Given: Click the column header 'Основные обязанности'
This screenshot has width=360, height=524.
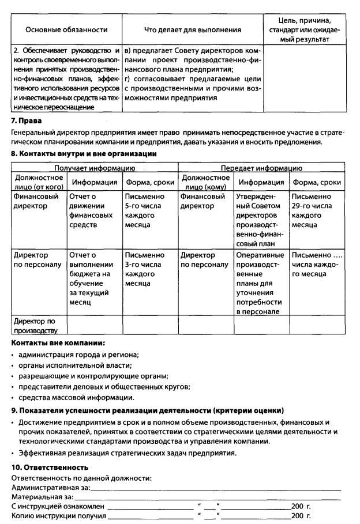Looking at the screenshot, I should point(67,29).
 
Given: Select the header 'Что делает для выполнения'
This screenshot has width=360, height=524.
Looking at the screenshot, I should point(192,29).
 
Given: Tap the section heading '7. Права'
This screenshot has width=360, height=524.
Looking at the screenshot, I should point(27,120).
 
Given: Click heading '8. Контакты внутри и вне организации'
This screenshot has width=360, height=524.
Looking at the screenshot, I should point(84,154).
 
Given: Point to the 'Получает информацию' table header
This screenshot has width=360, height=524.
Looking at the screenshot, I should point(95,168).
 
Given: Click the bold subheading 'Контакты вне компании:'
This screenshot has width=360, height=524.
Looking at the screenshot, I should point(58,342).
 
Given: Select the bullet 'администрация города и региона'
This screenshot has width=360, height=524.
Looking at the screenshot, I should point(78,354).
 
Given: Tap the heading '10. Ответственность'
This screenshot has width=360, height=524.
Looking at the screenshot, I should point(50,467).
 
